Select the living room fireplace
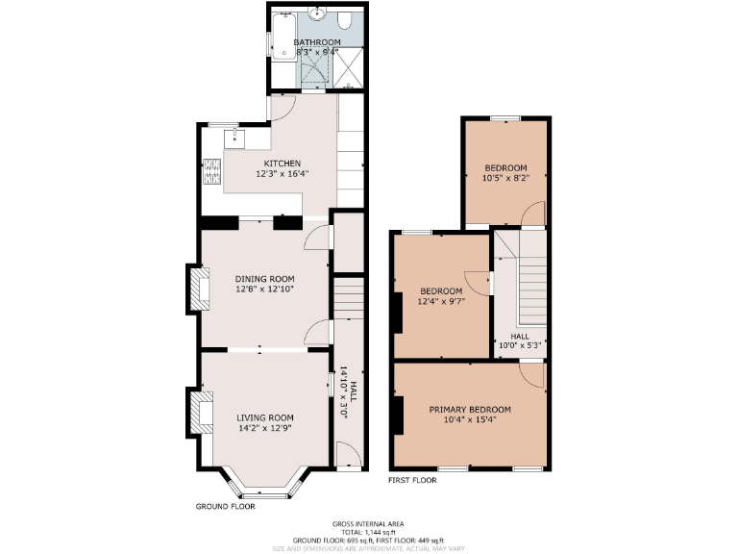pos(198,412)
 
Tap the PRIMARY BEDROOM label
pos(470,410)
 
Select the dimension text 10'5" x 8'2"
pos(504,177)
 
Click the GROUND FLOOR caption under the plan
pos(225,505)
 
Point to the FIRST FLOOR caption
pos(412,479)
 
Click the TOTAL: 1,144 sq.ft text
pos(369,532)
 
